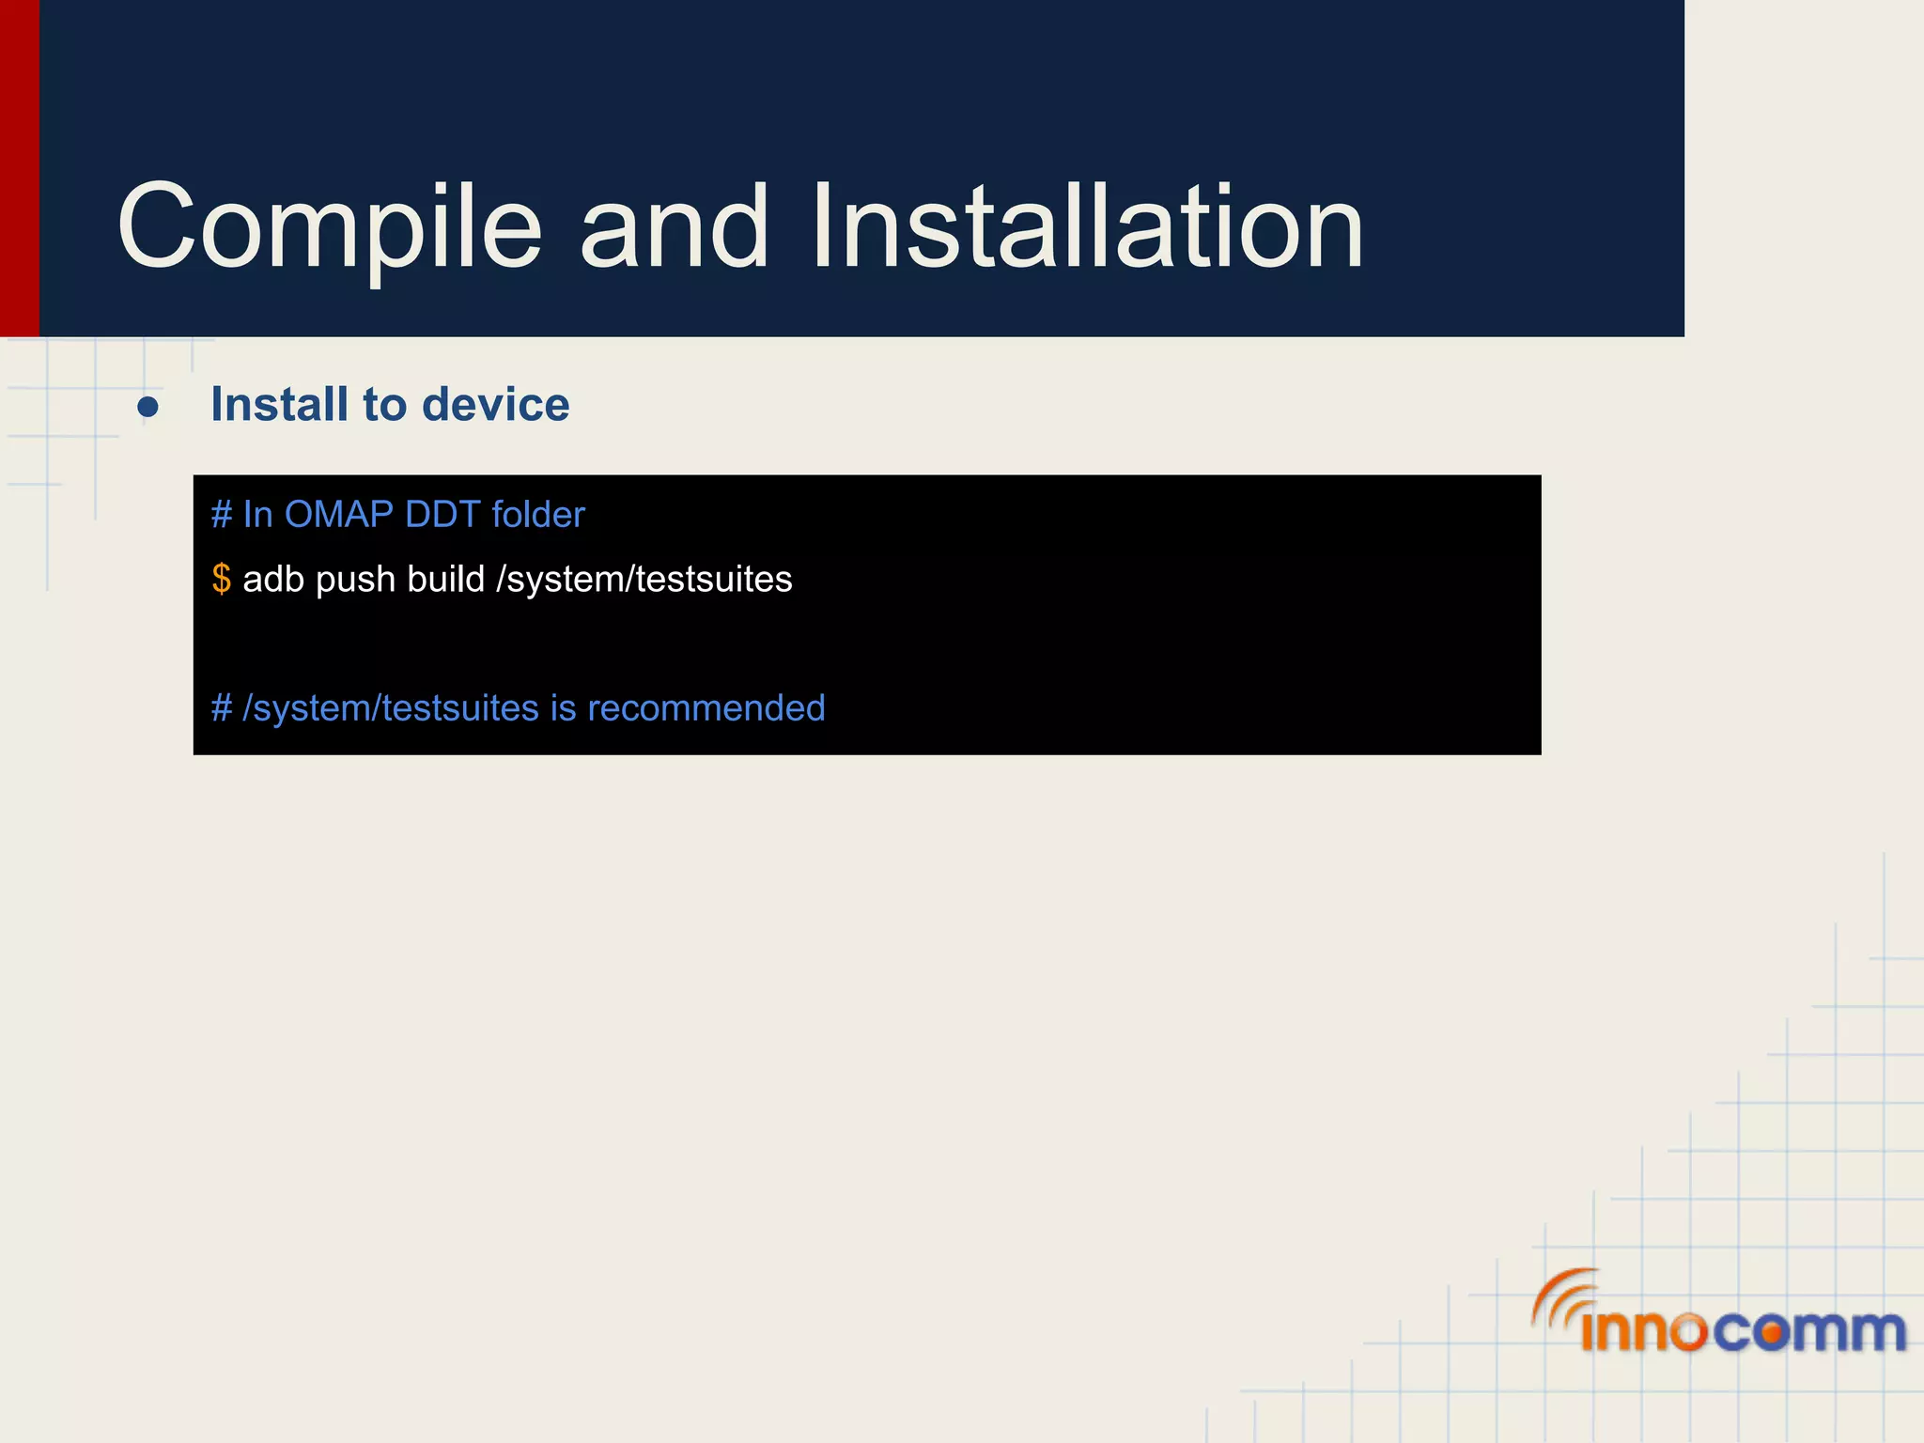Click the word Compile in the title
[x=329, y=228]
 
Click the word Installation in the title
[x=1087, y=228]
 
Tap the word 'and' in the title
[x=674, y=228]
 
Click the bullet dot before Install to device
[x=147, y=407]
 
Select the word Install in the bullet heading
[x=280, y=405]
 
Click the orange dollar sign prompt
[x=221, y=579]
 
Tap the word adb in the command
[x=273, y=580]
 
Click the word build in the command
[x=445, y=580]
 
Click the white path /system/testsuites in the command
[x=644, y=580]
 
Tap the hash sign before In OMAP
[x=221, y=515]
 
